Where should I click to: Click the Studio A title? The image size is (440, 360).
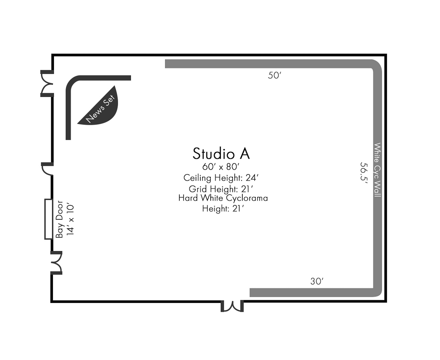point(221,154)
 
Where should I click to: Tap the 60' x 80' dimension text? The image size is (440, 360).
point(221,167)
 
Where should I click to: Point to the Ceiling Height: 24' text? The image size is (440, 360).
point(221,178)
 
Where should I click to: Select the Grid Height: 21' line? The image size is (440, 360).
point(221,189)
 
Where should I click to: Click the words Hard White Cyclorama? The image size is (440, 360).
point(223,198)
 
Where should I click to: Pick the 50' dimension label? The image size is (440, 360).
point(275,75)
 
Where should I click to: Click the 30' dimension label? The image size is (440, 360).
point(317,281)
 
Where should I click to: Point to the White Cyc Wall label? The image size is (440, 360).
point(377,170)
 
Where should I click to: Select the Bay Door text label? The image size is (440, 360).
point(59,219)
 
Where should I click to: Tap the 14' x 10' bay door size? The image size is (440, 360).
point(70,220)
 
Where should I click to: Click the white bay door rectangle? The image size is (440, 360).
point(48,219)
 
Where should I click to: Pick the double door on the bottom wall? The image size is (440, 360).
point(232,306)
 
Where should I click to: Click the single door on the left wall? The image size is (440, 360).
point(47,168)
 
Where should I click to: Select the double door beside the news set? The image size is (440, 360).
point(47,84)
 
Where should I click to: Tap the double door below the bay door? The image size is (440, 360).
point(56,263)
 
